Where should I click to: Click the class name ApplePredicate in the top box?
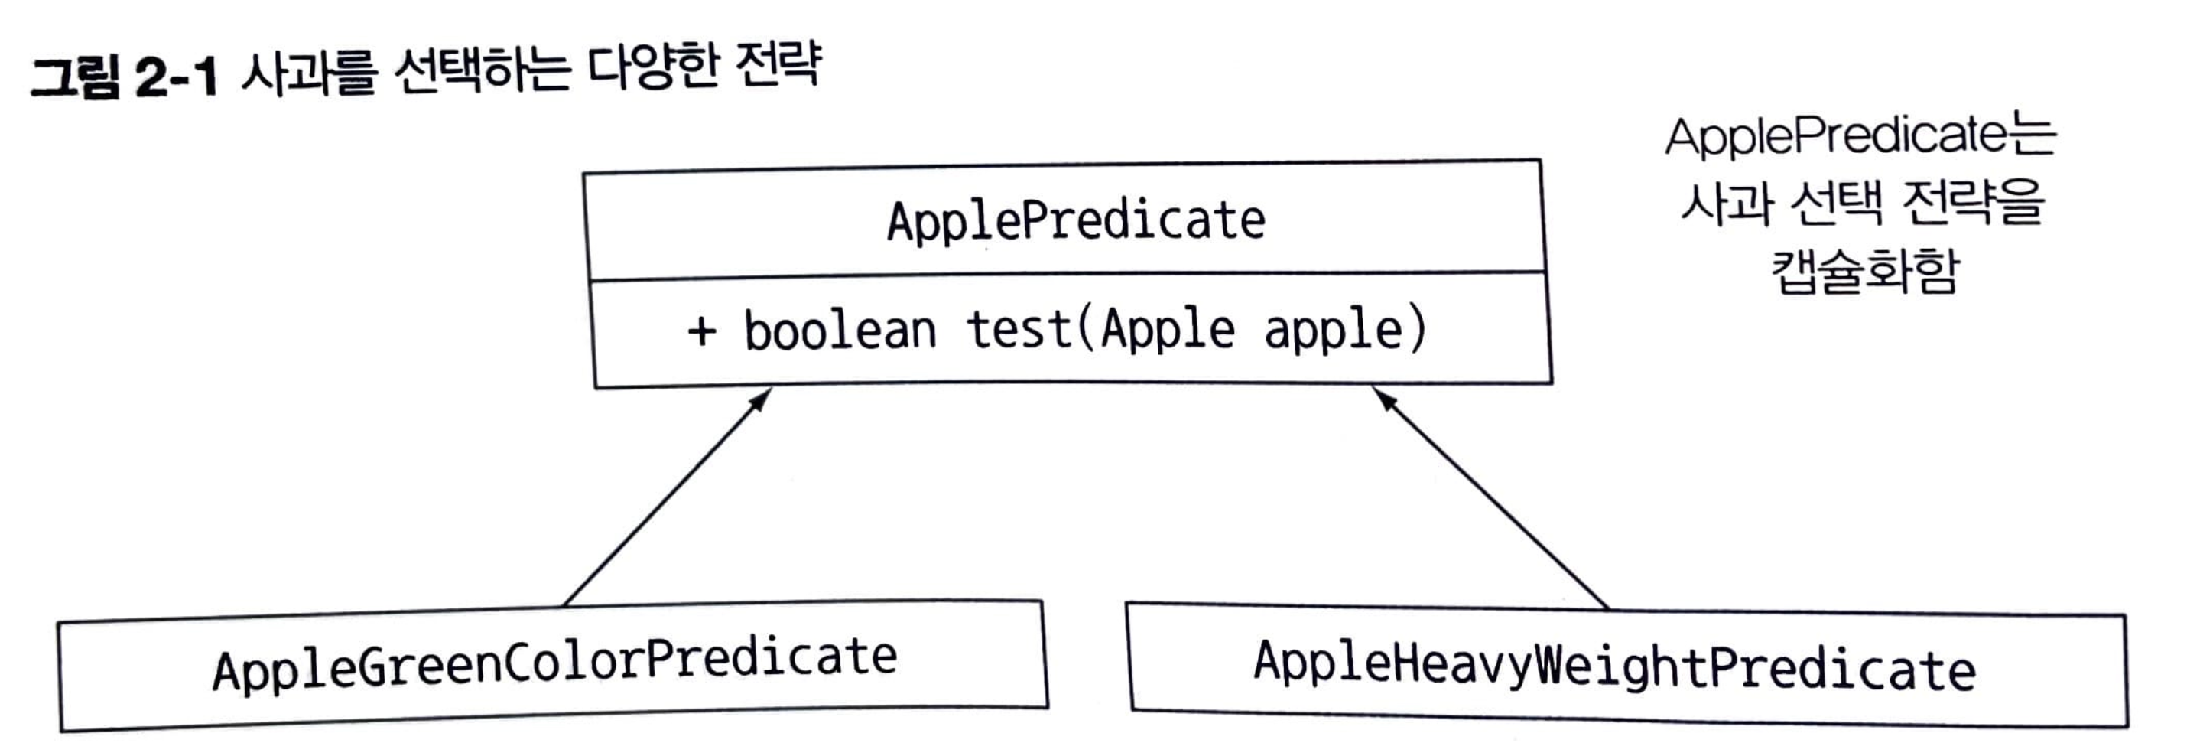point(1076,221)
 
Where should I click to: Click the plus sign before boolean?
point(702,331)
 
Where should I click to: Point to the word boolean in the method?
point(840,331)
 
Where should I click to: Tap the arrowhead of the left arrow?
point(761,399)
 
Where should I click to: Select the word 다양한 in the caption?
point(654,67)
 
